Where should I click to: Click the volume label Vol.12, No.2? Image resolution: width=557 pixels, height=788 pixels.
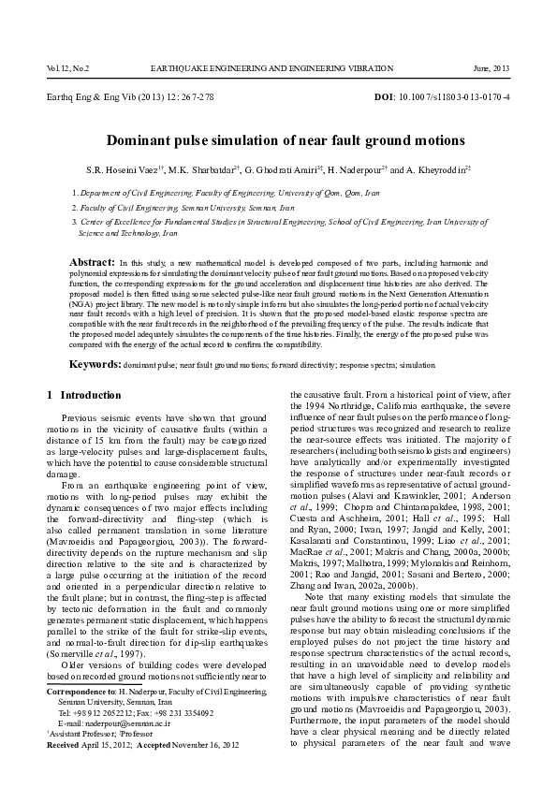(x=63, y=69)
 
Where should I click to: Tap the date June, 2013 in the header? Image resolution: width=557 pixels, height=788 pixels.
(x=492, y=69)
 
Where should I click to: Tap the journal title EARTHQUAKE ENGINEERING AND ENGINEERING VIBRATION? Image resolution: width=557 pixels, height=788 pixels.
(x=278, y=69)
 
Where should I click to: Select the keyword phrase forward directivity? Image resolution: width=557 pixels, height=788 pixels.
(x=315, y=363)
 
